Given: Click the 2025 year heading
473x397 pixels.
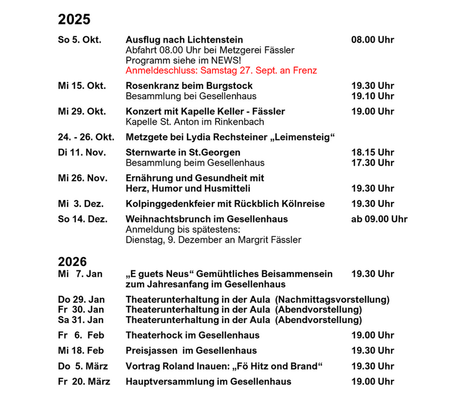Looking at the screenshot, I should pos(74,19).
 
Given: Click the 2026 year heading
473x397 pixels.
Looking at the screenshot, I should pos(72,262).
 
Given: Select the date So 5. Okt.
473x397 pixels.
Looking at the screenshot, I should pos(79,40).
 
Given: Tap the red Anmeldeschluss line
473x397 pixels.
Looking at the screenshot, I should pos(221,71).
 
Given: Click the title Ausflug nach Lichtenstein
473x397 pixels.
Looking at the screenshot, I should pos(184,40).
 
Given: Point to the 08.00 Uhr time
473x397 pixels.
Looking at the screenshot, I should pos(372,40).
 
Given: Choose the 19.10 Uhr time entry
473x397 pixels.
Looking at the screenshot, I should pos(372,96).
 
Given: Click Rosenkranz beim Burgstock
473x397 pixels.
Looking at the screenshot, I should pos(189,86).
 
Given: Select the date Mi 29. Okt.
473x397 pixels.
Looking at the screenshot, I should pos(82,112).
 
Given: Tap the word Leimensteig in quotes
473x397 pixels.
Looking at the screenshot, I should pos(305,137).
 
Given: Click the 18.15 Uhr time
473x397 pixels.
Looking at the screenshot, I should pos(372,152).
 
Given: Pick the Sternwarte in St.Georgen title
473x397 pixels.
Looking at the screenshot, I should pos(183,152).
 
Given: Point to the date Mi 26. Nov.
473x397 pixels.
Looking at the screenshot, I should pos(83,178).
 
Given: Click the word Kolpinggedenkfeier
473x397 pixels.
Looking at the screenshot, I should pos(170,204).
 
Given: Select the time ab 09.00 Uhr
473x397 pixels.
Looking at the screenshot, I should pos(379,219).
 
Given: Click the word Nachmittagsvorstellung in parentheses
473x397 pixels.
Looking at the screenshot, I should pos(332,300).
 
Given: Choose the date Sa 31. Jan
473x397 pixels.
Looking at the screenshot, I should pos(81,320).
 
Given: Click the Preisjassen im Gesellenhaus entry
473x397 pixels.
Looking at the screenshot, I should pos(191,350).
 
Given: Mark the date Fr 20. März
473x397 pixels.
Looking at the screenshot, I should pos(84,381).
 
